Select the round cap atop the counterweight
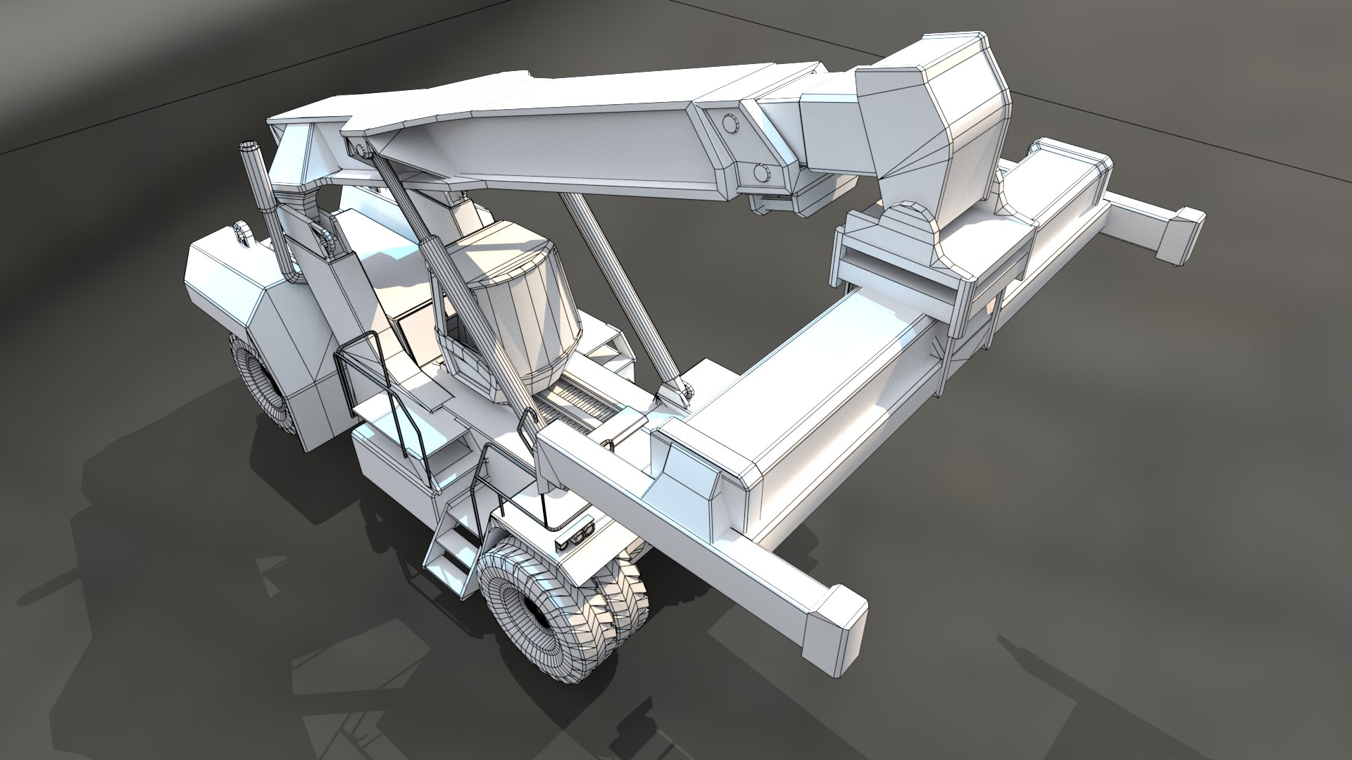click(242, 232)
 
